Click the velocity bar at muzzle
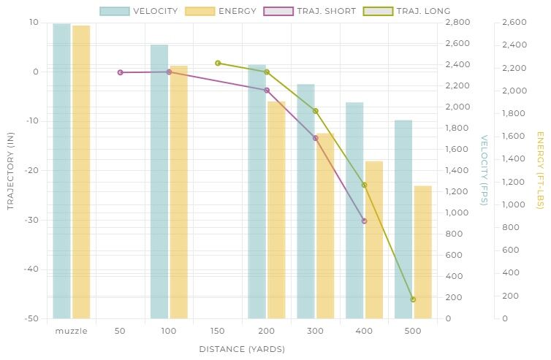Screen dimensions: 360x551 click(61, 171)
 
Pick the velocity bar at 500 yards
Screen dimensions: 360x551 click(403, 219)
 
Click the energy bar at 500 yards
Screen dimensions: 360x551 click(423, 252)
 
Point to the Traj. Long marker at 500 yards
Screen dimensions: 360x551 click(413, 299)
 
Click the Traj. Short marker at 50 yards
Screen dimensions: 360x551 click(120, 72)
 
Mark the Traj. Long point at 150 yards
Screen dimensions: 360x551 click(218, 63)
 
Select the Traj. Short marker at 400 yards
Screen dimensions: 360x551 click(364, 221)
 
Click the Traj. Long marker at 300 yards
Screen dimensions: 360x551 click(315, 111)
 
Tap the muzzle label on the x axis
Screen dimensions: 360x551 click(71, 331)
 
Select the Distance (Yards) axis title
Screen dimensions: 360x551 click(242, 349)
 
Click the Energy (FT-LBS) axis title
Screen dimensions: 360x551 click(540, 169)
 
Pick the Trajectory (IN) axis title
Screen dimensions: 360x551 click(10, 169)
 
